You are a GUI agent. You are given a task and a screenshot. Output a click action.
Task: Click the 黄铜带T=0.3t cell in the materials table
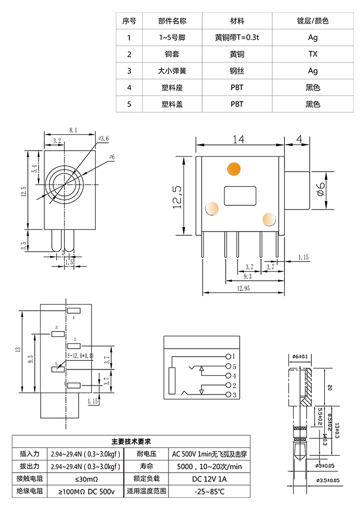pyautogui.click(x=237, y=37)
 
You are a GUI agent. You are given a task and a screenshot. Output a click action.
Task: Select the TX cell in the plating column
pyautogui.click(x=313, y=54)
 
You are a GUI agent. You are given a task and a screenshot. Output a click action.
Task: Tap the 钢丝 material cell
pyautogui.click(x=237, y=71)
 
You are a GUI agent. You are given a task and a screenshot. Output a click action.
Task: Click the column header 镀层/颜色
pyautogui.click(x=313, y=21)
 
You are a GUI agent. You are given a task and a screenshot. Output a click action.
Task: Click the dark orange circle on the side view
pyautogui.click(x=233, y=168)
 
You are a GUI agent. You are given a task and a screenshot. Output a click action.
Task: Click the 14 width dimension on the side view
pyautogui.click(x=239, y=139)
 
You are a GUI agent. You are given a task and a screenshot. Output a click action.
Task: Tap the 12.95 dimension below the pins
pyautogui.click(x=243, y=288)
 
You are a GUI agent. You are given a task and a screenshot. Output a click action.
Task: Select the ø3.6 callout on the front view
pyautogui.click(x=104, y=138)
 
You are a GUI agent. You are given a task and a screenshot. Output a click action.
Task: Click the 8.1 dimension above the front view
pyautogui.click(x=73, y=130)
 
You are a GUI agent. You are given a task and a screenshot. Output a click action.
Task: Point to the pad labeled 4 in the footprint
pyautogui.click(x=73, y=311)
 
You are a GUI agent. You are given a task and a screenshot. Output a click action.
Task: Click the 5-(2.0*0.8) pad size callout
pyautogui.click(x=80, y=355)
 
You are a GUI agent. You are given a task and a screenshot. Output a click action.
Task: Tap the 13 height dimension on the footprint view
pyautogui.click(x=18, y=350)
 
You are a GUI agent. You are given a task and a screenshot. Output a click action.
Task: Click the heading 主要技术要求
pyautogui.click(x=131, y=442)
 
